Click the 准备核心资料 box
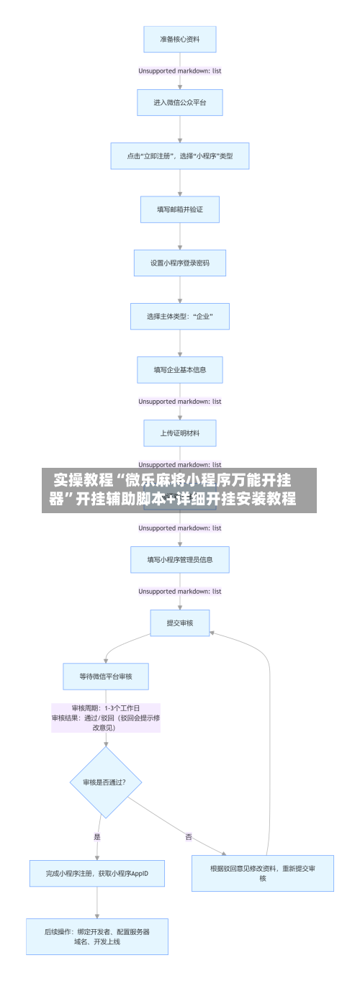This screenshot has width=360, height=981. tap(180, 40)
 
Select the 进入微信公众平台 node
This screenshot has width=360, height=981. tap(180, 102)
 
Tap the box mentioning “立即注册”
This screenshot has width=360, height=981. tap(180, 155)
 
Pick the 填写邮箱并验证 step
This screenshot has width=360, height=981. tap(180, 209)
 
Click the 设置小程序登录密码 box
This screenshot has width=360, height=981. tap(180, 263)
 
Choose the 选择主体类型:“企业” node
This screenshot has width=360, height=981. tap(180, 316)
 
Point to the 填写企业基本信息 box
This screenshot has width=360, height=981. tap(180, 370)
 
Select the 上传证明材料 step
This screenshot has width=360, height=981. tap(180, 433)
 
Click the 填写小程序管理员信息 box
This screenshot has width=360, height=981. tap(180, 559)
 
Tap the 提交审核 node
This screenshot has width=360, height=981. tap(180, 623)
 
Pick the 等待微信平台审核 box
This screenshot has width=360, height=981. tap(106, 676)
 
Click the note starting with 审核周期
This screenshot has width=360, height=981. tap(106, 717)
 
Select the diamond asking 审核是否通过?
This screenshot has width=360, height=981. tap(106, 782)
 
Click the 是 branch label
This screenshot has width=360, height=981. tap(97, 836)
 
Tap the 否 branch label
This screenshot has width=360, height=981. tap(189, 836)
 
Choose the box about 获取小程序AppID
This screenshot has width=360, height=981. tap(97, 873)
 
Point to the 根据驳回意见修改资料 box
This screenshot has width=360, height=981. tap(263, 873)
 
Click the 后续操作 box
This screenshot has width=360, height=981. tap(97, 936)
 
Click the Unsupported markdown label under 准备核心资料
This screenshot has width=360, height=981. tap(180, 71)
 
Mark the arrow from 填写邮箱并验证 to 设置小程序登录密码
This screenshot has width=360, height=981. tap(180, 236)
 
